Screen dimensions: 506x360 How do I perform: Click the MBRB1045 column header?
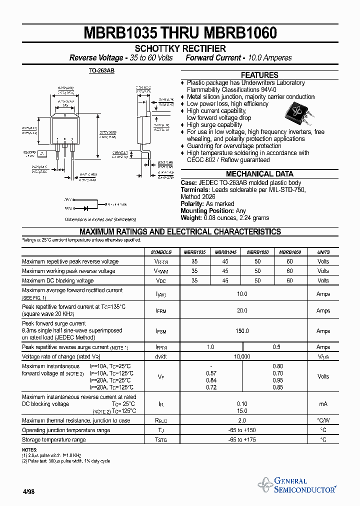226,252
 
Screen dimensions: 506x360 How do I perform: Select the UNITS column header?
323,252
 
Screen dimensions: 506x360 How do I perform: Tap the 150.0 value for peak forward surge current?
242,331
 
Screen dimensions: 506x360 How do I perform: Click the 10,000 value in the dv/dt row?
242,356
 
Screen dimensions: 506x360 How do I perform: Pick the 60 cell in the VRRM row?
290,261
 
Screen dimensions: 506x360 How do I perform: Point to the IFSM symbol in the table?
160,331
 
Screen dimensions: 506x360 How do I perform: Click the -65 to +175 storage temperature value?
242,440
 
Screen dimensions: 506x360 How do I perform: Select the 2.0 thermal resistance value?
242,420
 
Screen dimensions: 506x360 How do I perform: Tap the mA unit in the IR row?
323,403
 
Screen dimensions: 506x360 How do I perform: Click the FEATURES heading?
259,75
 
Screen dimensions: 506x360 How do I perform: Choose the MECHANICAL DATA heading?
259,174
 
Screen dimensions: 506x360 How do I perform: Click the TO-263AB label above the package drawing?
101,71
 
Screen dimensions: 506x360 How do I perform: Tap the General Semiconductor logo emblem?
264,484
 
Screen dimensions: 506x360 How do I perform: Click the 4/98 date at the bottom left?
28,491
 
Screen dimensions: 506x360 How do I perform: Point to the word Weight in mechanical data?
191,218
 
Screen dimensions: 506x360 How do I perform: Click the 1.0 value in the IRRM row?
210,347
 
